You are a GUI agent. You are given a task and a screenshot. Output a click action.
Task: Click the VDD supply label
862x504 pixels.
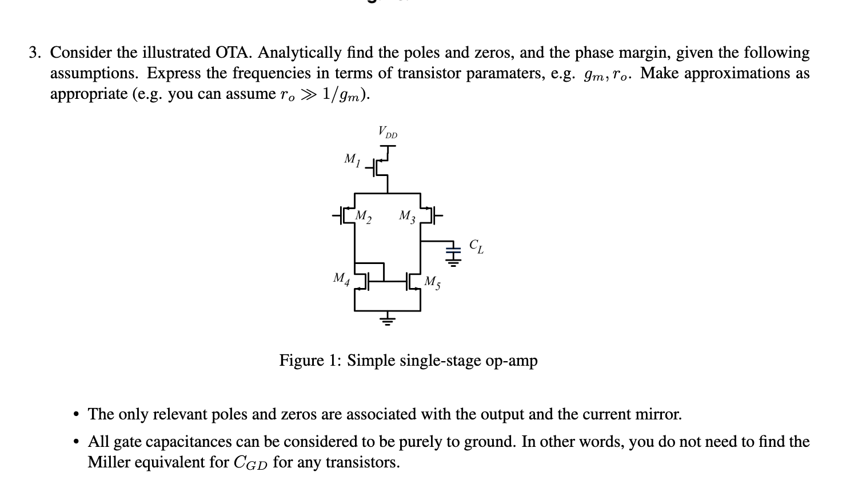387,133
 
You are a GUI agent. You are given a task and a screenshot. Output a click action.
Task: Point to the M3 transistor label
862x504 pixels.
407,217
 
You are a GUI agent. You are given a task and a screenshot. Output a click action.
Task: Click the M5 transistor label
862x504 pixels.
432,282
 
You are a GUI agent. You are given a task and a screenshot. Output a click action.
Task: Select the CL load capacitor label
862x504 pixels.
476,246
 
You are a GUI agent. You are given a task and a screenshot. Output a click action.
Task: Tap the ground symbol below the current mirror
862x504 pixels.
388,319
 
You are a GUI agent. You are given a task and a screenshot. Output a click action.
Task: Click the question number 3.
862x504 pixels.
35,53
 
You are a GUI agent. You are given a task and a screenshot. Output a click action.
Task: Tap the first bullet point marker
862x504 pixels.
75,414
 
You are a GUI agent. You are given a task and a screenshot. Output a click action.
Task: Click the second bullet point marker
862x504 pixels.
75,442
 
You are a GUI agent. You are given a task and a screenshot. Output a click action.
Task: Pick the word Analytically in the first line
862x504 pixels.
300,53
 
